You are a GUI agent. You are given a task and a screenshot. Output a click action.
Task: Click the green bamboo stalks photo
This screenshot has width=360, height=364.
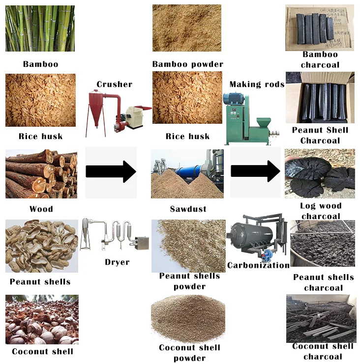click(x=40, y=28)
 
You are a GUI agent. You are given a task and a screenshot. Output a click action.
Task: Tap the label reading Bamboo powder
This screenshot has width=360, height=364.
click(x=187, y=64)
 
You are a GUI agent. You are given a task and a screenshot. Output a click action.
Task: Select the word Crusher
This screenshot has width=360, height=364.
click(x=114, y=84)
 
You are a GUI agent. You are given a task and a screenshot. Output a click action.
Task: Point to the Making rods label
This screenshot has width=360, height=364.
click(x=257, y=84)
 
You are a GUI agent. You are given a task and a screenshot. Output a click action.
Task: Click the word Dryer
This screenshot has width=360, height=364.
click(x=117, y=262)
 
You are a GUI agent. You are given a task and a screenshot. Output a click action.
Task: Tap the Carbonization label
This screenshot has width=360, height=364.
click(x=258, y=265)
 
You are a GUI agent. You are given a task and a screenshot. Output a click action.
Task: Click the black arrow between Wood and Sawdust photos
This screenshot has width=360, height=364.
click(x=111, y=171)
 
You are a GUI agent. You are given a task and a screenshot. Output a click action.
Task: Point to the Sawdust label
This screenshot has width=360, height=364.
click(x=188, y=209)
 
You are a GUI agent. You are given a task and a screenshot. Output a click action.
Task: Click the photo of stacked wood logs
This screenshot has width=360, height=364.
click(x=41, y=174)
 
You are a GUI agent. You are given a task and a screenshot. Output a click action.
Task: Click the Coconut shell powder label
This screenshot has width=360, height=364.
click(x=189, y=353)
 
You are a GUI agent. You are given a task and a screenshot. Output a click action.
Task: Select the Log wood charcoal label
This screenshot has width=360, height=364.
click(x=321, y=211)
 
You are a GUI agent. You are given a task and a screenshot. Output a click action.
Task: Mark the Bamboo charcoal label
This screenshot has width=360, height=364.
click(x=320, y=59)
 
